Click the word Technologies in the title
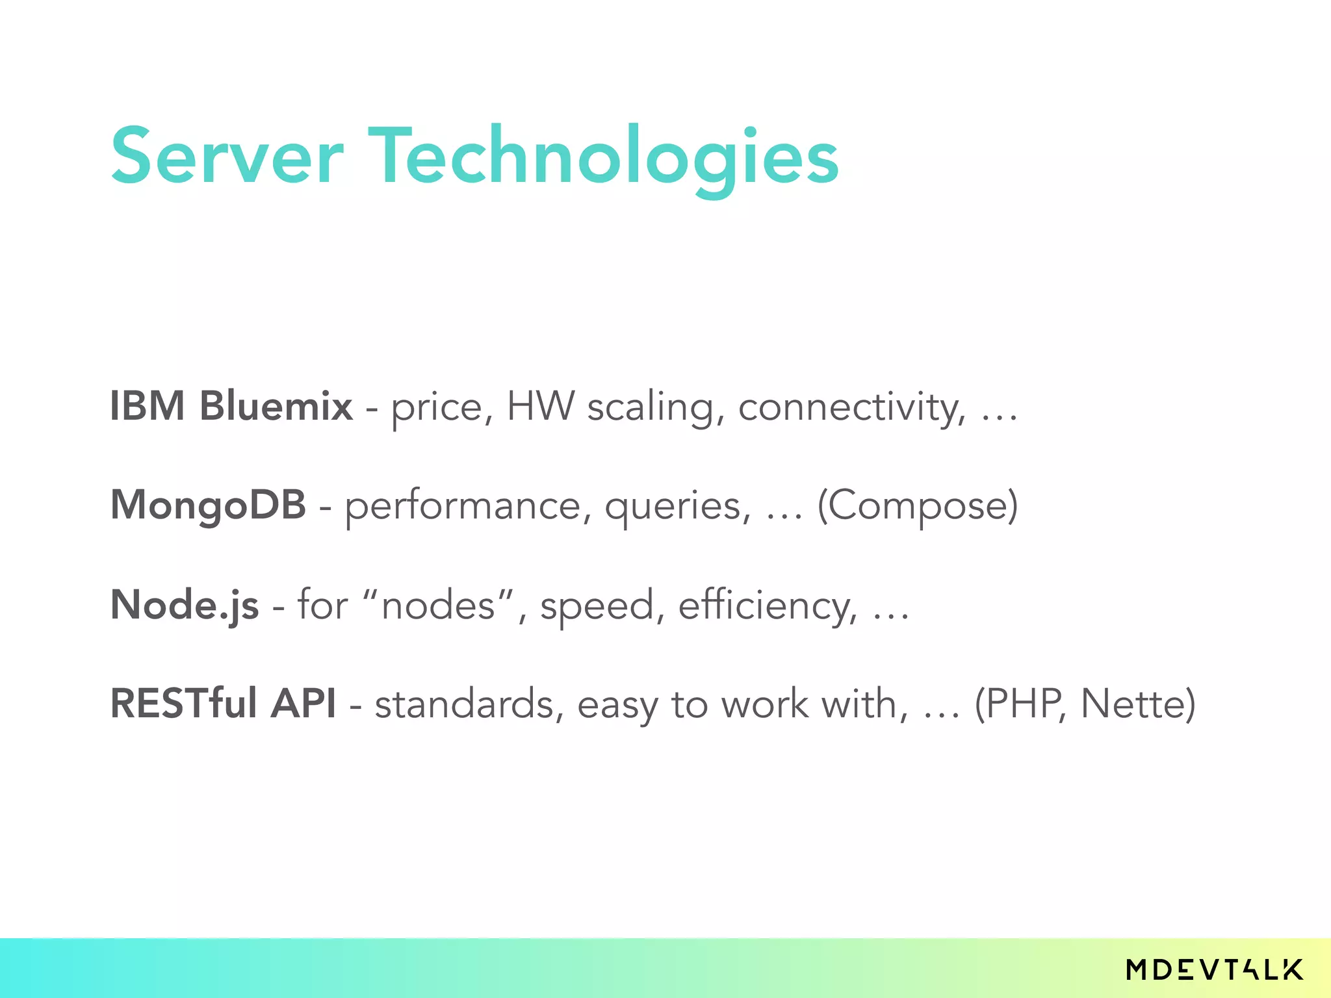pos(604,157)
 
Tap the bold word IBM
pos(148,406)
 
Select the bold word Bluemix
pos(276,406)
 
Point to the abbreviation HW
pos(540,406)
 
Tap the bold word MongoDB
pos(208,505)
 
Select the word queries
pos(678,507)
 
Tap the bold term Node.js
pos(185,606)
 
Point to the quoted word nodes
pos(439,606)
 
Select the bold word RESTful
pos(184,704)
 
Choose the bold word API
pos(304,704)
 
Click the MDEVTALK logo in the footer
pos(1214,970)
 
